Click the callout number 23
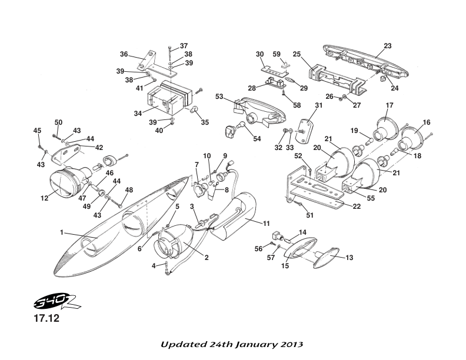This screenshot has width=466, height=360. coord(387,45)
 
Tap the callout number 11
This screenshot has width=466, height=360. coord(267,223)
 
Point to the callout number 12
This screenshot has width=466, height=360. coord(45,198)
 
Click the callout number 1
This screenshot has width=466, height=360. coord(61,232)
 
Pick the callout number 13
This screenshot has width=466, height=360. coord(349,257)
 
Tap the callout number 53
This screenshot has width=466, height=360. coord(219,95)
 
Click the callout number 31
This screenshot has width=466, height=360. coord(318,105)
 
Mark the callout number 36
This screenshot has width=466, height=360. coord(124,54)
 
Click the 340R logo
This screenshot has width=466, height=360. coord(36,304)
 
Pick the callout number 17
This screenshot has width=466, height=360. coord(390,106)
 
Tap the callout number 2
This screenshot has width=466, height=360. coord(206,256)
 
